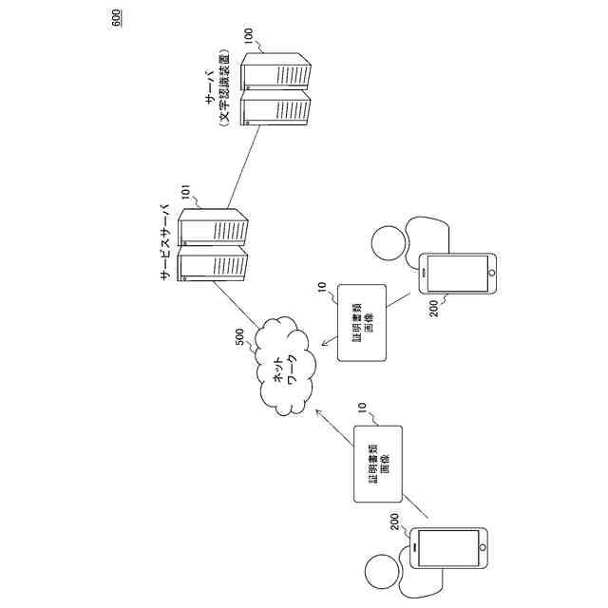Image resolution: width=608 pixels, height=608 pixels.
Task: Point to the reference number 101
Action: [187, 201]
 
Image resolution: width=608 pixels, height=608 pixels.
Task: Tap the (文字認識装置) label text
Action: [224, 90]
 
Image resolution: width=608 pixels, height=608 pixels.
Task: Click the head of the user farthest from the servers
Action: [382, 569]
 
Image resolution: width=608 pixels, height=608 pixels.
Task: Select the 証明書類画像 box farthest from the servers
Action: [377, 465]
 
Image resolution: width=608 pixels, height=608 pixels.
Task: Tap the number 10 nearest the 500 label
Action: [321, 286]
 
